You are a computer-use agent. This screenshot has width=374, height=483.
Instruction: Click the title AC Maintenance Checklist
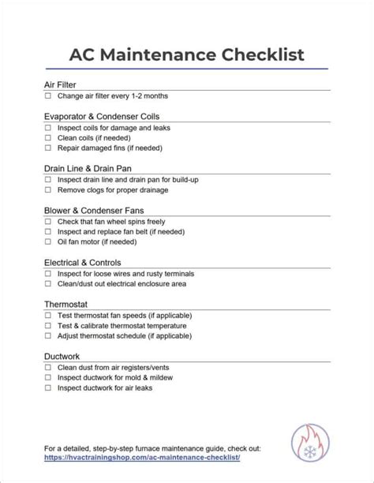pos(186,54)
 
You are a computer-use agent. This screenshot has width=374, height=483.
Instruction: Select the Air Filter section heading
pos(60,84)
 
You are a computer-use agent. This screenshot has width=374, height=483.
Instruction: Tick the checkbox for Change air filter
pos(48,96)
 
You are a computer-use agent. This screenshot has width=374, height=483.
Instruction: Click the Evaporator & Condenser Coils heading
pos(97,116)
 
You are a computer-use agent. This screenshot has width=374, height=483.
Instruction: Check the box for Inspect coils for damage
pos(48,128)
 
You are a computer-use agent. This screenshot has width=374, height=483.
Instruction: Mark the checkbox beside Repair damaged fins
pos(48,148)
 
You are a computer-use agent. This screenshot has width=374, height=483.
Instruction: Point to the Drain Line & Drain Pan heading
pos(88,168)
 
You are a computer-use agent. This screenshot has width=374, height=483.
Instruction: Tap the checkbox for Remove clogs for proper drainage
pos(48,190)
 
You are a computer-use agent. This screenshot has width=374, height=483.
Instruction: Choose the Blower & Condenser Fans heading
pos(94,210)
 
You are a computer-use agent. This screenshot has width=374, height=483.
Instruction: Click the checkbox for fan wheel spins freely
pos(48,222)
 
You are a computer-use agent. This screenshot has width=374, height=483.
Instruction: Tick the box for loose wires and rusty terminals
pos(48,274)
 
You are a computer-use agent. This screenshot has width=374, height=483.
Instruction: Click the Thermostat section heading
pos(65,304)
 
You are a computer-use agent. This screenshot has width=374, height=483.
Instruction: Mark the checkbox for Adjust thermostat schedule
pos(48,335)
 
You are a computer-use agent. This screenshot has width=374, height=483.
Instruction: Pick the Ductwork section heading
pos(62,356)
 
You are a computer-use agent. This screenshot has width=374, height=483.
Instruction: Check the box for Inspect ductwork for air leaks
pos(48,388)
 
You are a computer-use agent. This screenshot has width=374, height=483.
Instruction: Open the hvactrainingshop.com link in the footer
pos(142,458)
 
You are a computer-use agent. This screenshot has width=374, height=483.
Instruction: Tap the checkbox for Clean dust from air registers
pos(48,368)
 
